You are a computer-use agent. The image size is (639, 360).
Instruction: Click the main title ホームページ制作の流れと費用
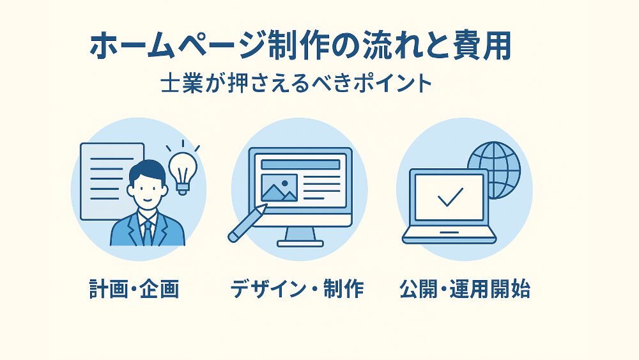[300, 46]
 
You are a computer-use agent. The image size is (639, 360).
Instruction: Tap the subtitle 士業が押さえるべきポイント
[296, 83]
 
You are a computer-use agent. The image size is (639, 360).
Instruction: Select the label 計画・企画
[134, 289]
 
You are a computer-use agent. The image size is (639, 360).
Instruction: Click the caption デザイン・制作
[296, 289]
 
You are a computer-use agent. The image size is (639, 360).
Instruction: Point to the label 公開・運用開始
[465, 289]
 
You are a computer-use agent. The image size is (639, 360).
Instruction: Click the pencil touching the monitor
[247, 223]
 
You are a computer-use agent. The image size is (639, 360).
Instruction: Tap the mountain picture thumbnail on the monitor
[279, 188]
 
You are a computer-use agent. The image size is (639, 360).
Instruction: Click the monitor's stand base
[300, 244]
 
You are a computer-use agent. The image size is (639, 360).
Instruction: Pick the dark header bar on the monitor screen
[300, 164]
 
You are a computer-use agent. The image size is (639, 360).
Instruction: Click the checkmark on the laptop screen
[450, 198]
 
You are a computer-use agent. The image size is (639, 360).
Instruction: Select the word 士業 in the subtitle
[181, 84]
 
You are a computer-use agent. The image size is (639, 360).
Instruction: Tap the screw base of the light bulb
[183, 189]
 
